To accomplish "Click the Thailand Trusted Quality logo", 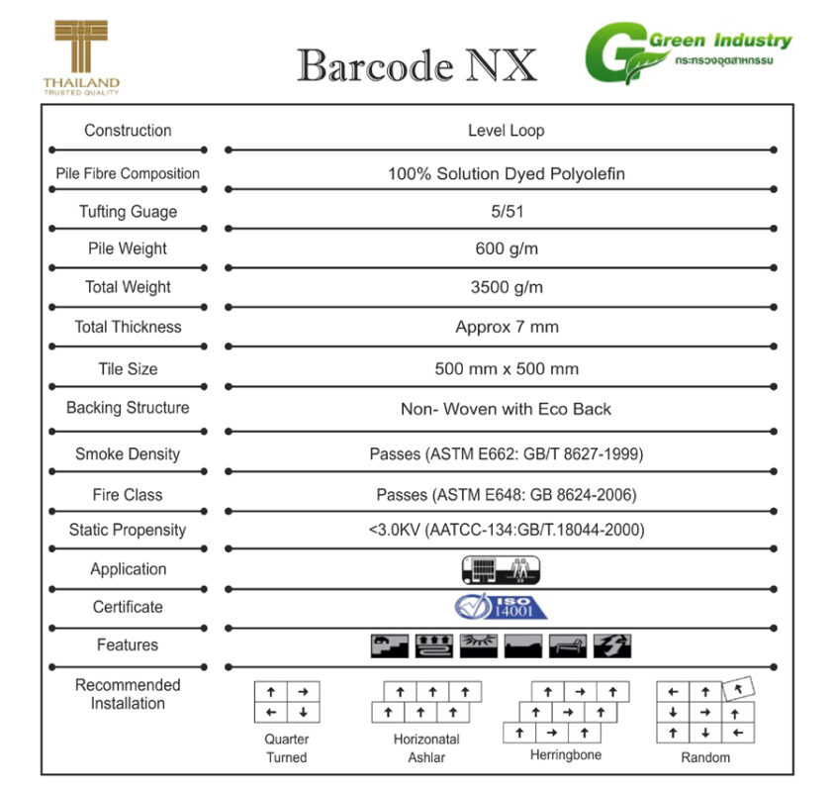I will [x=81, y=57].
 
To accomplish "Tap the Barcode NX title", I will [x=417, y=65].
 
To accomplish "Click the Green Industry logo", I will [x=687, y=55].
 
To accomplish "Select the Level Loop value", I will [x=506, y=131].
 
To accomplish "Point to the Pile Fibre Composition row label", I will [x=128, y=173].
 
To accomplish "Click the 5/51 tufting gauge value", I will [x=506, y=212].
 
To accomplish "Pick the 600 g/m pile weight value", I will [x=506, y=248].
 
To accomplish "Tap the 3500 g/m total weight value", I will [x=506, y=288].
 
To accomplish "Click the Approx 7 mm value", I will [x=506, y=327].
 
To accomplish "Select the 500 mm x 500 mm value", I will [x=506, y=369].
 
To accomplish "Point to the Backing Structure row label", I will [x=128, y=408].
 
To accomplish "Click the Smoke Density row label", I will [x=128, y=454].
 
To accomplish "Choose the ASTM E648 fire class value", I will [x=506, y=495].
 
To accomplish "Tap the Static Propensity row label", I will [x=128, y=531].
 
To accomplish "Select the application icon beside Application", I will [x=502, y=569].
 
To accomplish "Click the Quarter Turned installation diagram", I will [x=286, y=701].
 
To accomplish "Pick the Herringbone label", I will [x=565, y=755].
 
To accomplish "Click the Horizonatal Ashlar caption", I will [x=426, y=748].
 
